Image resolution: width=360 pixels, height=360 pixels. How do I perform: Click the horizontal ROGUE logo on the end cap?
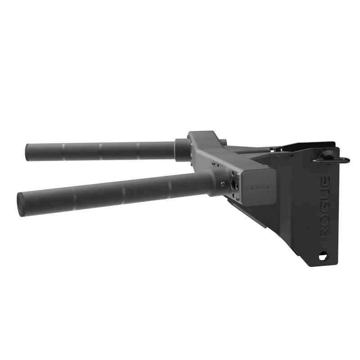(260, 188)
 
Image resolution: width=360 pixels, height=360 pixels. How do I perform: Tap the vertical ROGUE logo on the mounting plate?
(324, 207)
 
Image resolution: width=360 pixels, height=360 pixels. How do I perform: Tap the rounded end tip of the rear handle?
(27, 153)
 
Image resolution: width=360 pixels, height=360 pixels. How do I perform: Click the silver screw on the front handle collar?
(222, 184)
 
